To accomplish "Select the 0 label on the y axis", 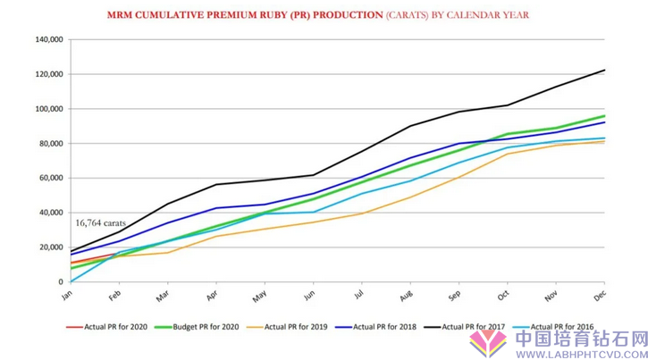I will point(60,281).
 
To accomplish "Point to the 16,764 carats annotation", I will point(100,222).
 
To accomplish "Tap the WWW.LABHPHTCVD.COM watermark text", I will point(581,352).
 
